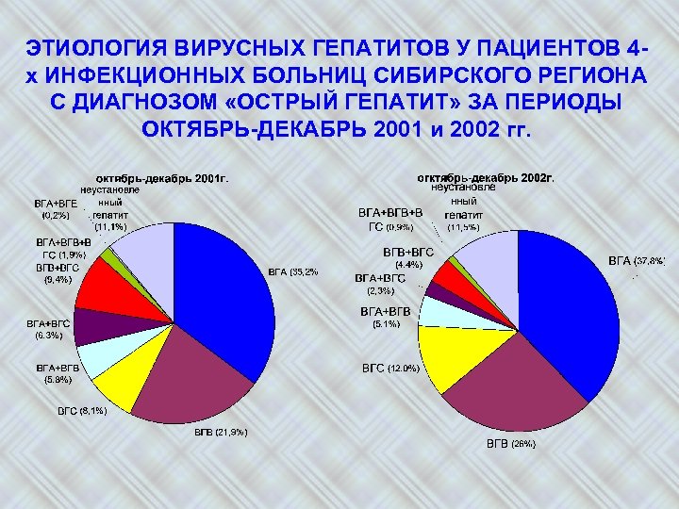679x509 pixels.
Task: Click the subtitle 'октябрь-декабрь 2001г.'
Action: (x=161, y=177)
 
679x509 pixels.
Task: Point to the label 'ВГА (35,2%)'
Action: (x=292, y=272)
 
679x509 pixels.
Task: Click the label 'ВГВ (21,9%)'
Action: (x=221, y=433)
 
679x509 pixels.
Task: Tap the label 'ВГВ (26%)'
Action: (x=510, y=443)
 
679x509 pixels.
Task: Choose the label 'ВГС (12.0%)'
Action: (x=390, y=368)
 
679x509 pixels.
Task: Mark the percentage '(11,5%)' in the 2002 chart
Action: (x=464, y=227)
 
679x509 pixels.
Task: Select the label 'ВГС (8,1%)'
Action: (x=83, y=411)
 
